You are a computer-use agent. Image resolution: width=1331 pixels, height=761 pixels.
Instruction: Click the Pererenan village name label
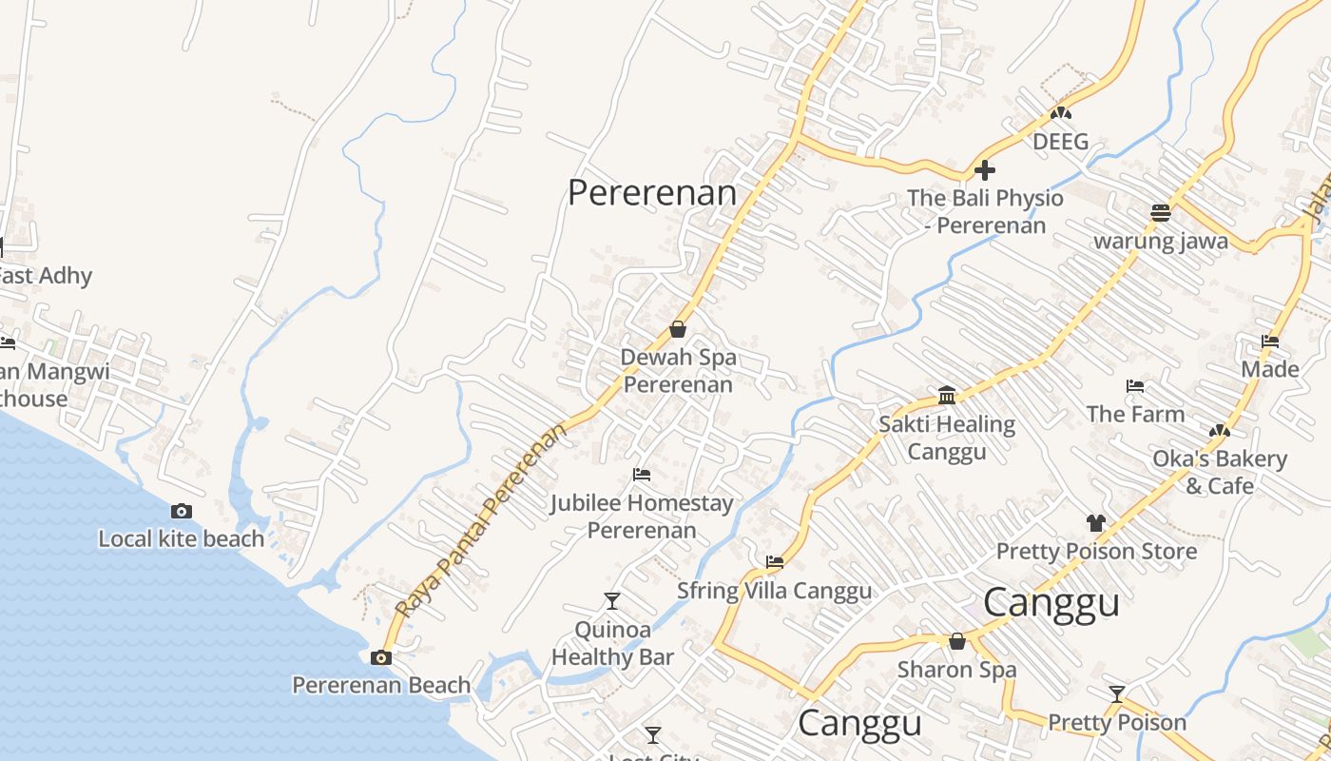coord(652,193)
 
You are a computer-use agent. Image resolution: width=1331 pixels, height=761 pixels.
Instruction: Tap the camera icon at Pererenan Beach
coord(381,657)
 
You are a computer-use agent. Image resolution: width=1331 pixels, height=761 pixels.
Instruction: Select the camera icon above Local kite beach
coord(182,512)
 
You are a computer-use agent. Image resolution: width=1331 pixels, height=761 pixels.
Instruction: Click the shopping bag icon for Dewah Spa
coord(678,329)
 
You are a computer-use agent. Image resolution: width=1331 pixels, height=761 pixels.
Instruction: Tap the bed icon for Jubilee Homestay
coord(642,474)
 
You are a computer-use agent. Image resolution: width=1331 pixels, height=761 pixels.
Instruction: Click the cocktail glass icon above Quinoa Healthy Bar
coord(612,600)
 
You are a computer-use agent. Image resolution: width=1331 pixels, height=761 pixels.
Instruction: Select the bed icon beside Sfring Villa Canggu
coord(775,562)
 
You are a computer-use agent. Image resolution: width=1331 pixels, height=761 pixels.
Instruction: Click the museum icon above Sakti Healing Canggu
coord(947,394)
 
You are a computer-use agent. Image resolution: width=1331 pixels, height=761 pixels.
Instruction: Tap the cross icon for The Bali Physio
coord(985,170)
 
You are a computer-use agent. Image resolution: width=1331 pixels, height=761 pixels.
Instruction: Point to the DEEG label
coord(1061,142)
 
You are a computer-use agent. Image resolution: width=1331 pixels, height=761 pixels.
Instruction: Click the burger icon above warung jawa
coord(1160,212)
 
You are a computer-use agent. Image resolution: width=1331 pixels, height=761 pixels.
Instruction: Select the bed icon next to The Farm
coord(1134,386)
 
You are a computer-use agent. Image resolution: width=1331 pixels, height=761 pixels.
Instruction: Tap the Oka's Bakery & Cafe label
coord(1220,472)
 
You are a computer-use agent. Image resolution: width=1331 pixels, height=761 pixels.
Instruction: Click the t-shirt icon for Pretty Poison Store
coord(1096,522)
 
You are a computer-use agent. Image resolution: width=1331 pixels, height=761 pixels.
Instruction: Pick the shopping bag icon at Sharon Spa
coord(957,641)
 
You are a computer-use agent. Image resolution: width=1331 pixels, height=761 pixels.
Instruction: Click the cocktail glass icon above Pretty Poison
coord(1117,693)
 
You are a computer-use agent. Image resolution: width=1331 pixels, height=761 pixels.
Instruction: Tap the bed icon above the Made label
coord(1270,341)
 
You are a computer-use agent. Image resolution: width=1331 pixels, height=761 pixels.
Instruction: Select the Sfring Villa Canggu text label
coord(774,591)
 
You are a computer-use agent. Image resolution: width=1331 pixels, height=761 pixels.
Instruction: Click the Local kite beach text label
coord(182,539)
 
